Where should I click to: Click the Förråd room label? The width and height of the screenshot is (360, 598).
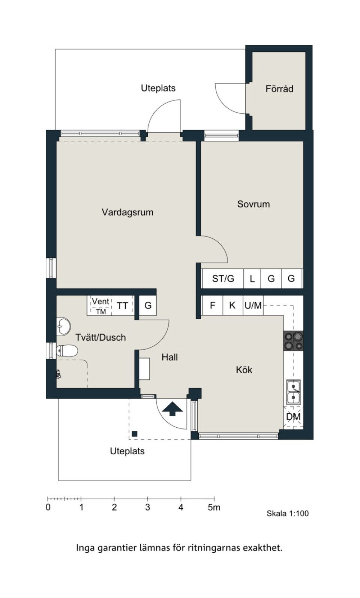[x=279, y=89]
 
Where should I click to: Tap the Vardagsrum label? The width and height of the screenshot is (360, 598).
[x=127, y=212]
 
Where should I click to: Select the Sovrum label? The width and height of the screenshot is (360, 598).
[x=253, y=204]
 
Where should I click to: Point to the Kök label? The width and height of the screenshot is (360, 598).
[x=244, y=370]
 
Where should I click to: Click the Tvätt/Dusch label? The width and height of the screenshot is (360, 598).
[x=100, y=337]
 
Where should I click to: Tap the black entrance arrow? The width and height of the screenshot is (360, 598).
[x=172, y=409]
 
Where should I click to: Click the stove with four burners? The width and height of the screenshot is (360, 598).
[x=293, y=341]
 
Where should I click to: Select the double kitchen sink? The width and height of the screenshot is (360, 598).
[x=294, y=392]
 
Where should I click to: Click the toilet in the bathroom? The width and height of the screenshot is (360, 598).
[x=67, y=350]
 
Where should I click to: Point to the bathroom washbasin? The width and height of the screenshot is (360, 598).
[x=63, y=326]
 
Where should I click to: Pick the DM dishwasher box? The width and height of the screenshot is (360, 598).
[x=293, y=416]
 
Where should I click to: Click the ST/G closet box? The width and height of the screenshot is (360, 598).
[x=223, y=279]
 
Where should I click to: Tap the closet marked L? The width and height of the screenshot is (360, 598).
[x=252, y=279]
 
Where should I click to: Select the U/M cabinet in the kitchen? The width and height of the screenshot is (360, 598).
[x=253, y=305]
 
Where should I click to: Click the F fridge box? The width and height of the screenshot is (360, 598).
[x=213, y=305]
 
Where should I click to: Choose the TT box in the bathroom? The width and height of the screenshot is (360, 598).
[x=123, y=306]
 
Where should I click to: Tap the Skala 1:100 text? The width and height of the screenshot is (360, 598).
[x=288, y=513]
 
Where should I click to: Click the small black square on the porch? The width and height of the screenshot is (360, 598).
[x=135, y=434]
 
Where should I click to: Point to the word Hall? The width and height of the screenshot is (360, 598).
[x=170, y=357]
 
